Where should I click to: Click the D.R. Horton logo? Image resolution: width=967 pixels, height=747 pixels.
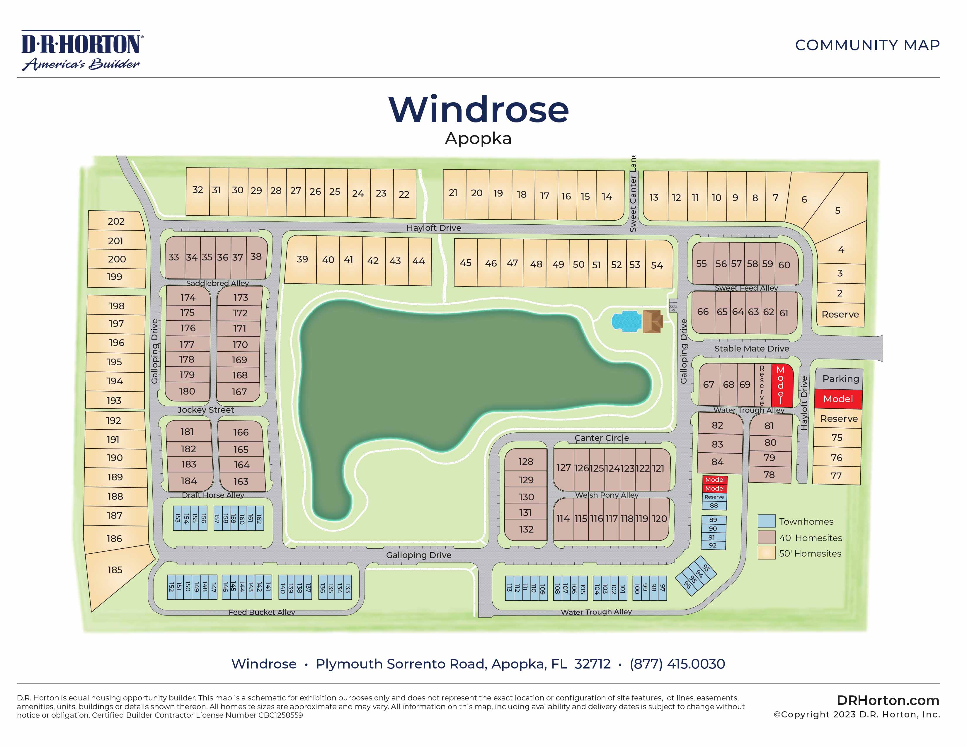(x=82, y=50)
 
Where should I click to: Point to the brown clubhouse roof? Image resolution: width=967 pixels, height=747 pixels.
(x=652, y=321)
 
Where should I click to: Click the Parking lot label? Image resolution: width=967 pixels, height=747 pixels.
(x=840, y=379)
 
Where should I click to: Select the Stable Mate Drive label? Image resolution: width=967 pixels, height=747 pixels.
(x=751, y=349)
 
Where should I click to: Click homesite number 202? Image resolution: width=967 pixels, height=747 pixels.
(x=116, y=221)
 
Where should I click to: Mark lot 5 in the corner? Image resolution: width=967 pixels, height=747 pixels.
(x=837, y=211)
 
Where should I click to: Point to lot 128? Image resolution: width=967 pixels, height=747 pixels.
(x=526, y=462)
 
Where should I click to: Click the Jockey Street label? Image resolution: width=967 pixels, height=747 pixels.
(x=205, y=410)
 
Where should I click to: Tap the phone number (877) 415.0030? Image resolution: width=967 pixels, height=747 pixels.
(x=677, y=664)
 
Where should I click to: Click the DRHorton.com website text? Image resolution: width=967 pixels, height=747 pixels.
(x=888, y=700)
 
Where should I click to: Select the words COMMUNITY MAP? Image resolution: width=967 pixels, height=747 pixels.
(x=867, y=45)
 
